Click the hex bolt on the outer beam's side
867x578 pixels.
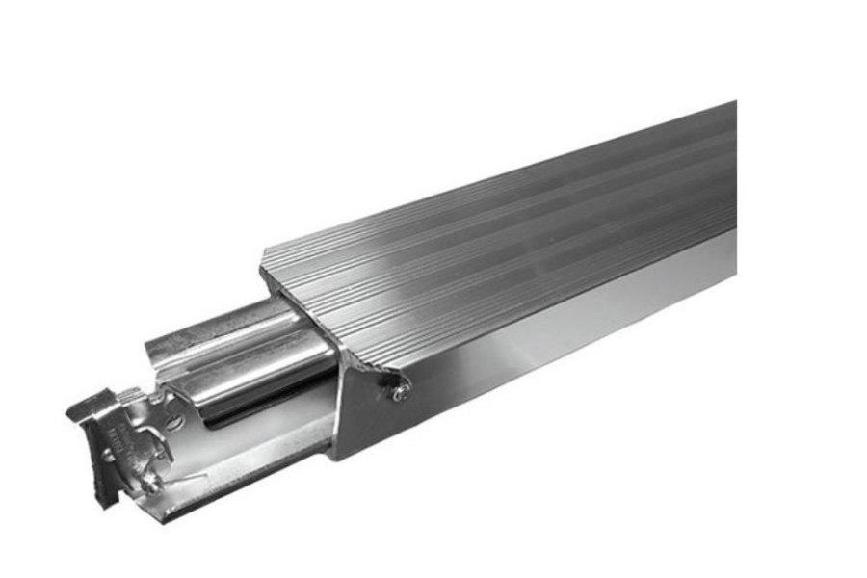coord(399,389)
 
